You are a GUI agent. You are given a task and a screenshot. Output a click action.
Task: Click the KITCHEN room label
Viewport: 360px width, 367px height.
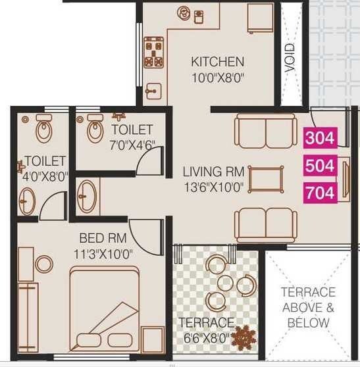[x=217, y=62]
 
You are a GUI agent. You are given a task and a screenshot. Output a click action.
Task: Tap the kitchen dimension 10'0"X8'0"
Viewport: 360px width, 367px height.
[x=217, y=77]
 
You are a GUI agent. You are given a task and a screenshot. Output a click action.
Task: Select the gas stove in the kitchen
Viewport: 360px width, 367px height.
[x=155, y=53]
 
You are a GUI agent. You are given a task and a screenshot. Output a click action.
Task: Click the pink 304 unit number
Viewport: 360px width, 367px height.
[x=320, y=138]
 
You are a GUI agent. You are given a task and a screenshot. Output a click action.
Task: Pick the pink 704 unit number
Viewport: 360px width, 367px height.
[x=320, y=193]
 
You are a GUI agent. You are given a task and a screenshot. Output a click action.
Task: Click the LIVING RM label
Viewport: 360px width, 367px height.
[x=213, y=172]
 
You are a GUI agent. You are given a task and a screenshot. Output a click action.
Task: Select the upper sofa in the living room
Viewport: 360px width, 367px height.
[x=266, y=132]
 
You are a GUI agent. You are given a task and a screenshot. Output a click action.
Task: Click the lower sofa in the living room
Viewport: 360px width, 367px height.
[x=266, y=224]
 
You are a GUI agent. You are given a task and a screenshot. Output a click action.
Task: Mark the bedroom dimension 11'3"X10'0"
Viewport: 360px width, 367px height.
[x=105, y=253]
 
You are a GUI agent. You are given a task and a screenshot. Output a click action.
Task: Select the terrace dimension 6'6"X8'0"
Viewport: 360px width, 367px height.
[x=207, y=338]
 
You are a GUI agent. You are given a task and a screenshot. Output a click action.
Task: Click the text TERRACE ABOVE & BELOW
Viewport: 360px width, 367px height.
[x=308, y=307]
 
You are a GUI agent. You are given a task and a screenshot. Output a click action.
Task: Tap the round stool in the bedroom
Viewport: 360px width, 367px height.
[x=44, y=264]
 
